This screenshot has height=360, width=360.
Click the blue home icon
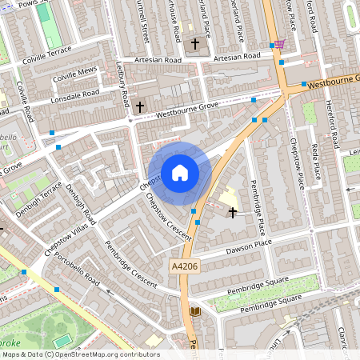(180, 172)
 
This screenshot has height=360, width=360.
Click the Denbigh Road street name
(80, 205)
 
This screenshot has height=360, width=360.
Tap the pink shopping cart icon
(278, 45)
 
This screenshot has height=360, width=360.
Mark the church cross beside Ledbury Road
(140, 106)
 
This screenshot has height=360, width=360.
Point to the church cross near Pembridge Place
(233, 212)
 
